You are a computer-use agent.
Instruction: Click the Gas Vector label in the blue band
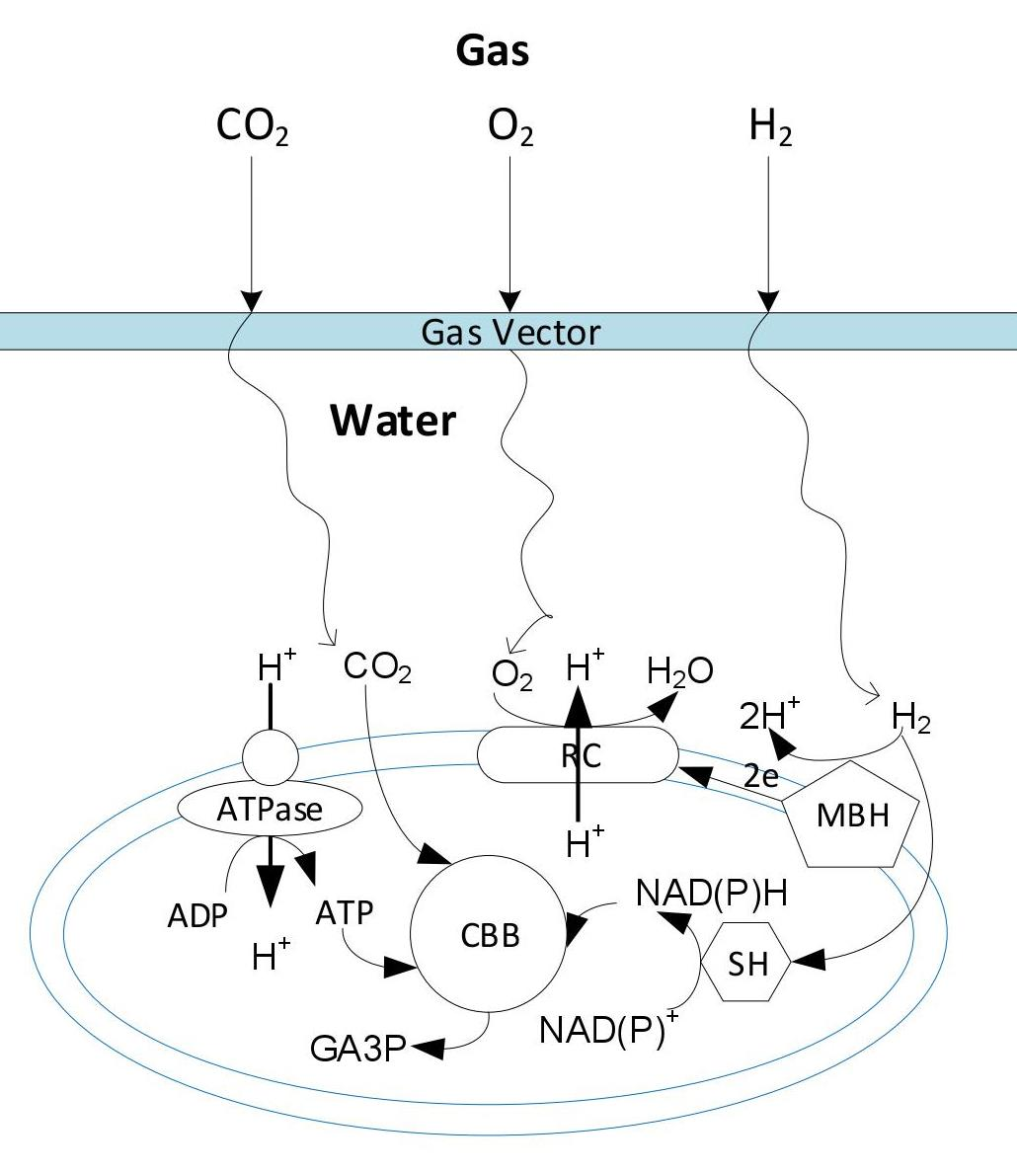(509, 332)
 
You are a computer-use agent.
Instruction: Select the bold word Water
(393, 420)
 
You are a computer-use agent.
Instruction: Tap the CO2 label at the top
(252, 128)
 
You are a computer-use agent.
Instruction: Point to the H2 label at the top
(770, 128)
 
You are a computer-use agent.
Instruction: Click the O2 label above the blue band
(510, 128)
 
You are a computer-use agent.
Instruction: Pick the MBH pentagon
(852, 817)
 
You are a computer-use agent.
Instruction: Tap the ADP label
(196, 916)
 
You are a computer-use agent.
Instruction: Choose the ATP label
(345, 913)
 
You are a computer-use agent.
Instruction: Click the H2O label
(679, 671)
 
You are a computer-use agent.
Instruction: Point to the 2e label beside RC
(760, 776)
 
